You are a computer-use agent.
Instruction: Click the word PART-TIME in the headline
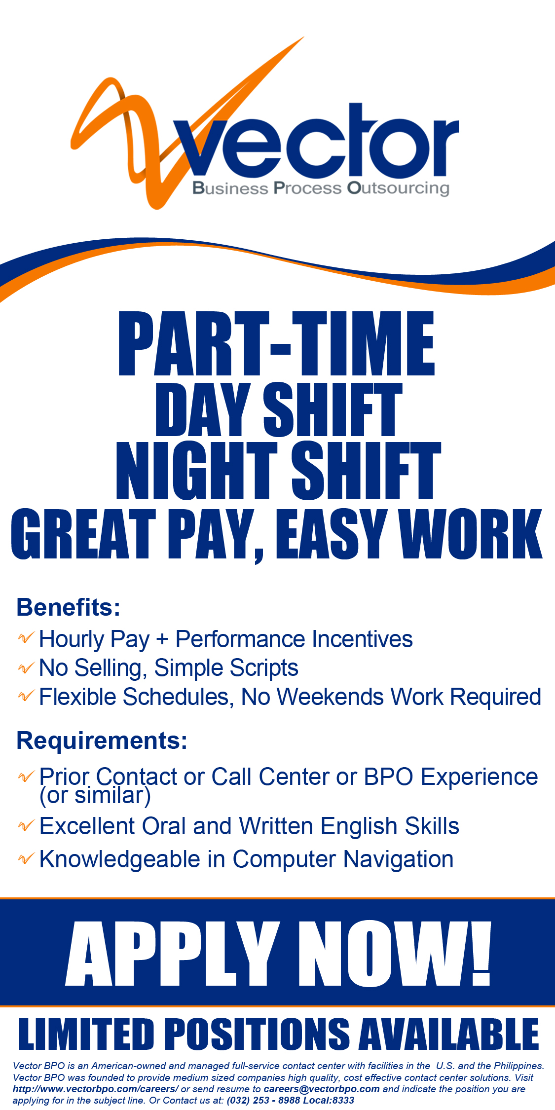(x=276, y=344)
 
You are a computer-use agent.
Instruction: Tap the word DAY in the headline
(x=202, y=409)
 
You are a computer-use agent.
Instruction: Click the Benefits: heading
(x=69, y=607)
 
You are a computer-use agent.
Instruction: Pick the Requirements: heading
(x=102, y=740)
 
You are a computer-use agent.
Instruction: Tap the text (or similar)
(x=95, y=795)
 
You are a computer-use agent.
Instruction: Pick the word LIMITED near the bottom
(x=86, y=1034)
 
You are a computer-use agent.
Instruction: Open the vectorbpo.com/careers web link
(x=95, y=1089)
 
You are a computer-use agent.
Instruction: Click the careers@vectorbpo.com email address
(x=322, y=1089)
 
